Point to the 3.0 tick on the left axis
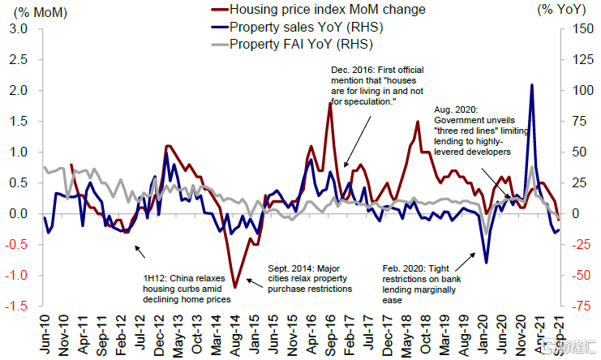tap(19, 29)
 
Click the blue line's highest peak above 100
tap(531, 84)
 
